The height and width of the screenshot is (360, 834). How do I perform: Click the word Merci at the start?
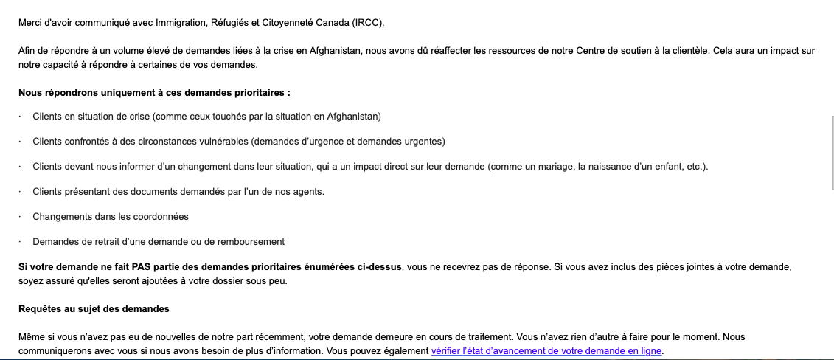(x=30, y=23)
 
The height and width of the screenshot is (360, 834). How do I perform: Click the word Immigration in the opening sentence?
(x=179, y=23)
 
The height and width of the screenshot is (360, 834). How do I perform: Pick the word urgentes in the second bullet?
(x=426, y=141)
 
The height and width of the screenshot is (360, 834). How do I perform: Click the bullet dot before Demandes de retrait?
(x=21, y=242)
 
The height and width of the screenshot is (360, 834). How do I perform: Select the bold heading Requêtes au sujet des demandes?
(x=94, y=308)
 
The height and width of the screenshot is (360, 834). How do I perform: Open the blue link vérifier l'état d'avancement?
(x=546, y=351)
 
